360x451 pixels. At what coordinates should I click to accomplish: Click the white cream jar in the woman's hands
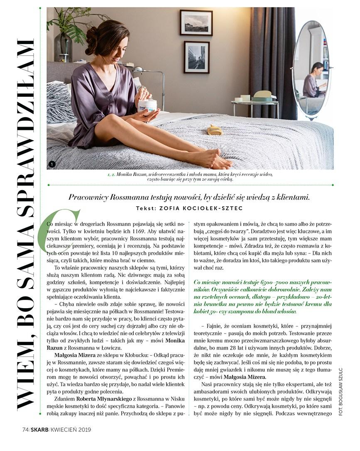pos(147,105)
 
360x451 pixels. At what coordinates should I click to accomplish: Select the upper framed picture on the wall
pos(196,23)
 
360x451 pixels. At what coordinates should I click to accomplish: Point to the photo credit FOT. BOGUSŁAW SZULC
pos(341,391)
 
